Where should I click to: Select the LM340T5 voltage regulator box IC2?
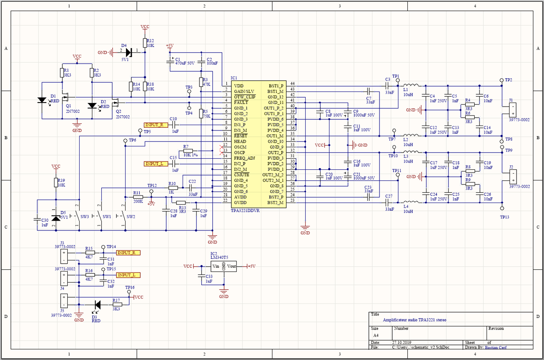(224, 266)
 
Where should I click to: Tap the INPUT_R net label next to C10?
(156, 125)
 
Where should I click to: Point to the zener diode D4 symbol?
(129, 52)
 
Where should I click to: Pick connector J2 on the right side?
(512, 176)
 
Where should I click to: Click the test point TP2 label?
(508, 80)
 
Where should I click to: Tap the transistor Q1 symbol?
(67, 98)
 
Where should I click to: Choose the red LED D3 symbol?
(97, 305)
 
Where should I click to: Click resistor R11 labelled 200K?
(138, 197)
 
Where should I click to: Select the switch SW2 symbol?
(123, 217)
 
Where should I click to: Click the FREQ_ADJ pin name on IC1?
(245, 158)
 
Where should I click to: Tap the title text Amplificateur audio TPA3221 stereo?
(414, 320)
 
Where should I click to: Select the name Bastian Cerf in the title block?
(496, 348)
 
